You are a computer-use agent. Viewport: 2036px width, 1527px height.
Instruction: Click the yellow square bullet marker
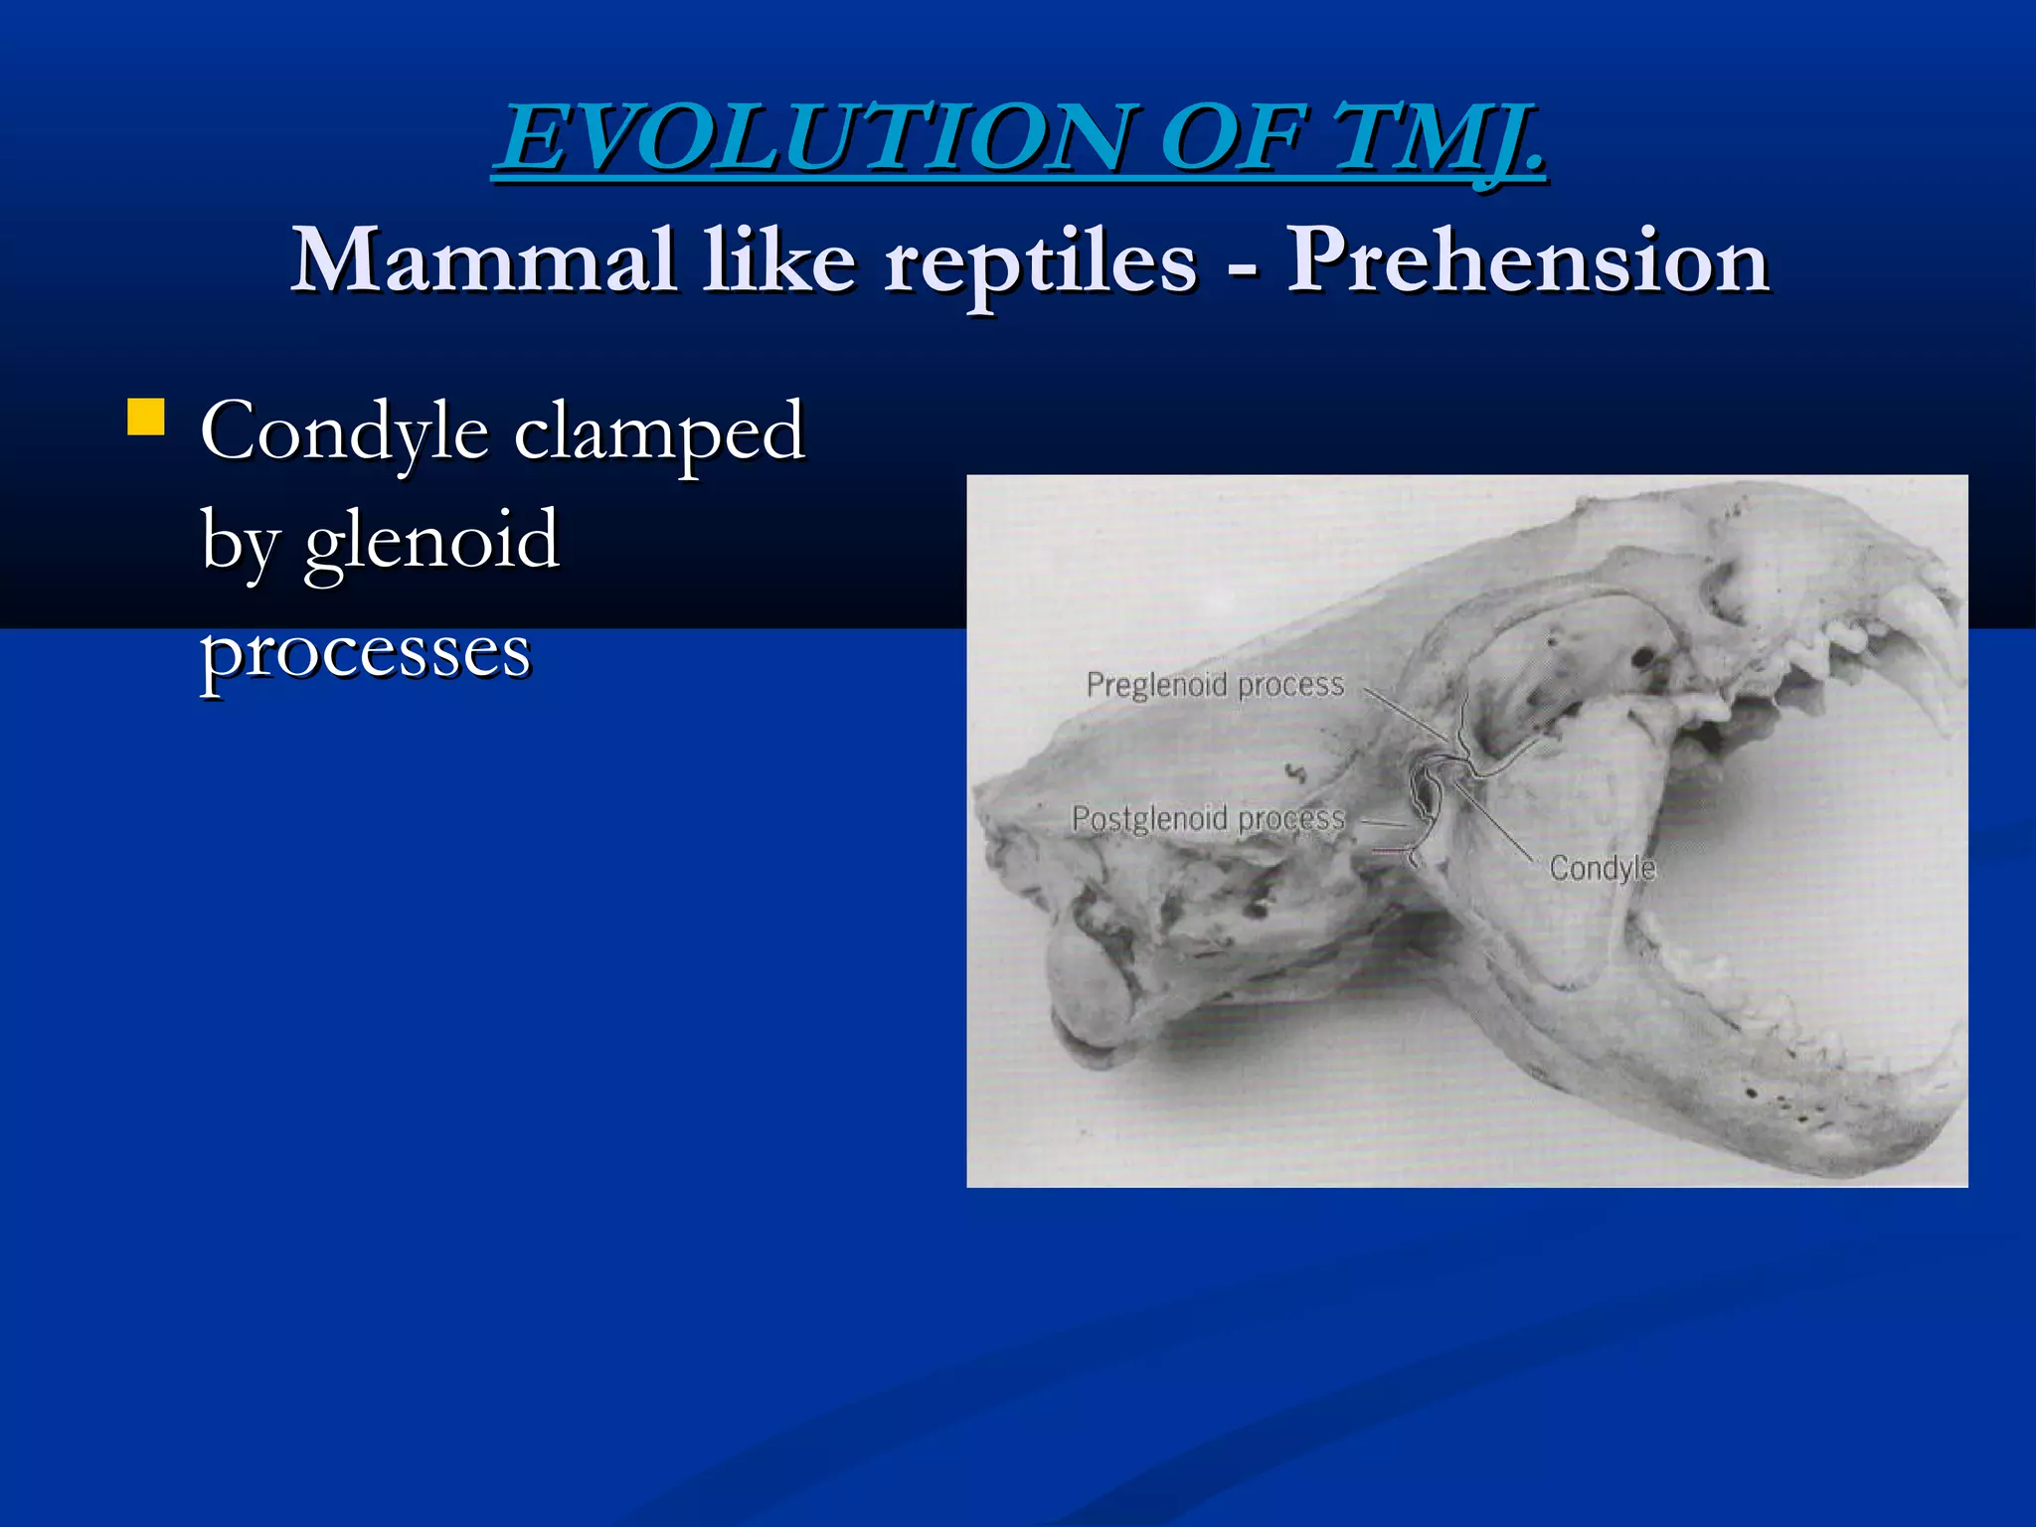(x=146, y=418)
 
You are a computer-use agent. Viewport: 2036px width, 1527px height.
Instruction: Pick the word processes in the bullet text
(x=366, y=651)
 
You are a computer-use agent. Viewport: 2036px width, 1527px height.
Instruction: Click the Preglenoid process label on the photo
(x=1214, y=684)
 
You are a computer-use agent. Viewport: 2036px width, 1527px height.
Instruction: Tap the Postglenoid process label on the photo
(x=1208, y=818)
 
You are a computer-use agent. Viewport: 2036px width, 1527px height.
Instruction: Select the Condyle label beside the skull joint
(x=1602, y=868)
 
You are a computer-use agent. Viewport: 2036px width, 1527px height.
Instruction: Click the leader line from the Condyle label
(x=1496, y=820)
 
